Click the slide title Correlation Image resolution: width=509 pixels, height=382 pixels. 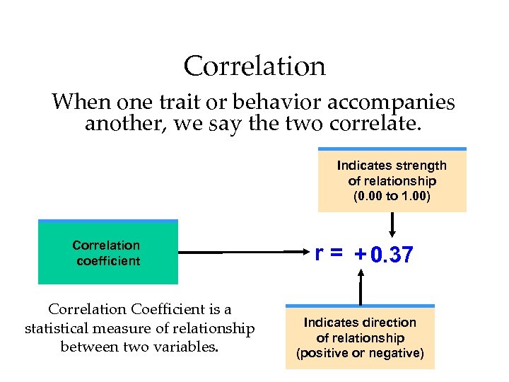point(255,66)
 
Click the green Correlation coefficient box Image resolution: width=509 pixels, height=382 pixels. point(107,253)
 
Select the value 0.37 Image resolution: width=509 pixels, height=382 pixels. point(391,255)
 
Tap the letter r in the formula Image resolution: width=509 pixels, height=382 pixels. point(320,253)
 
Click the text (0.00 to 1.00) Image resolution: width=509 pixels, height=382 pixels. point(392,196)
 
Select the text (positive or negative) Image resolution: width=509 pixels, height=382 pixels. point(360,353)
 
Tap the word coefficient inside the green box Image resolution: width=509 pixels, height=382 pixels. point(108,261)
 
